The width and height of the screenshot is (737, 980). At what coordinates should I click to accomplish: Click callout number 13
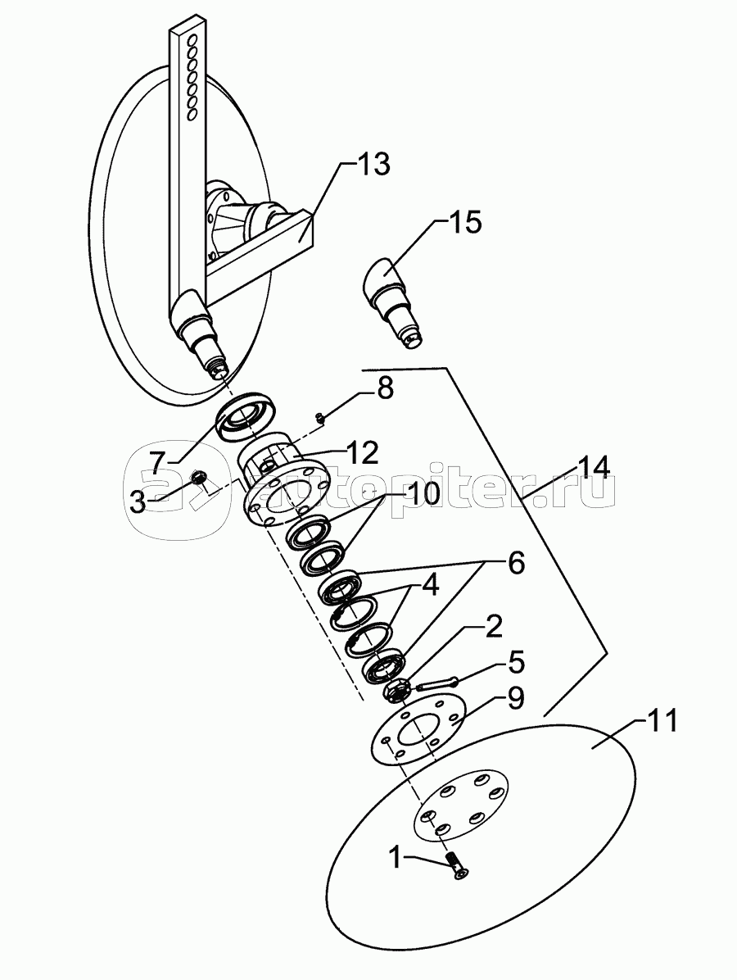coord(373,165)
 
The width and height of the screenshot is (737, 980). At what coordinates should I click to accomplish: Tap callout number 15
coord(465,222)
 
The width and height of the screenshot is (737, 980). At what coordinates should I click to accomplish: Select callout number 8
coord(385,388)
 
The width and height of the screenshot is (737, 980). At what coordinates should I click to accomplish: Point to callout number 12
coord(361,451)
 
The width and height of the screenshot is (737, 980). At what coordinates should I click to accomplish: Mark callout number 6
coord(516,563)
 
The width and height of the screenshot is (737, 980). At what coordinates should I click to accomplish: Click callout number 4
coord(430,586)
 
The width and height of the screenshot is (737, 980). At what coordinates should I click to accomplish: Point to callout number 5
coord(517,663)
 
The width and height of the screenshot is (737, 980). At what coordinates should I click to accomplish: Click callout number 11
coord(661,722)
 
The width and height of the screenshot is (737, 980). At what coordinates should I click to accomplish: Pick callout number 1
coord(396,857)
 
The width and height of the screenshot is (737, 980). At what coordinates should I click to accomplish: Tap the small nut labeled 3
coord(199,477)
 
